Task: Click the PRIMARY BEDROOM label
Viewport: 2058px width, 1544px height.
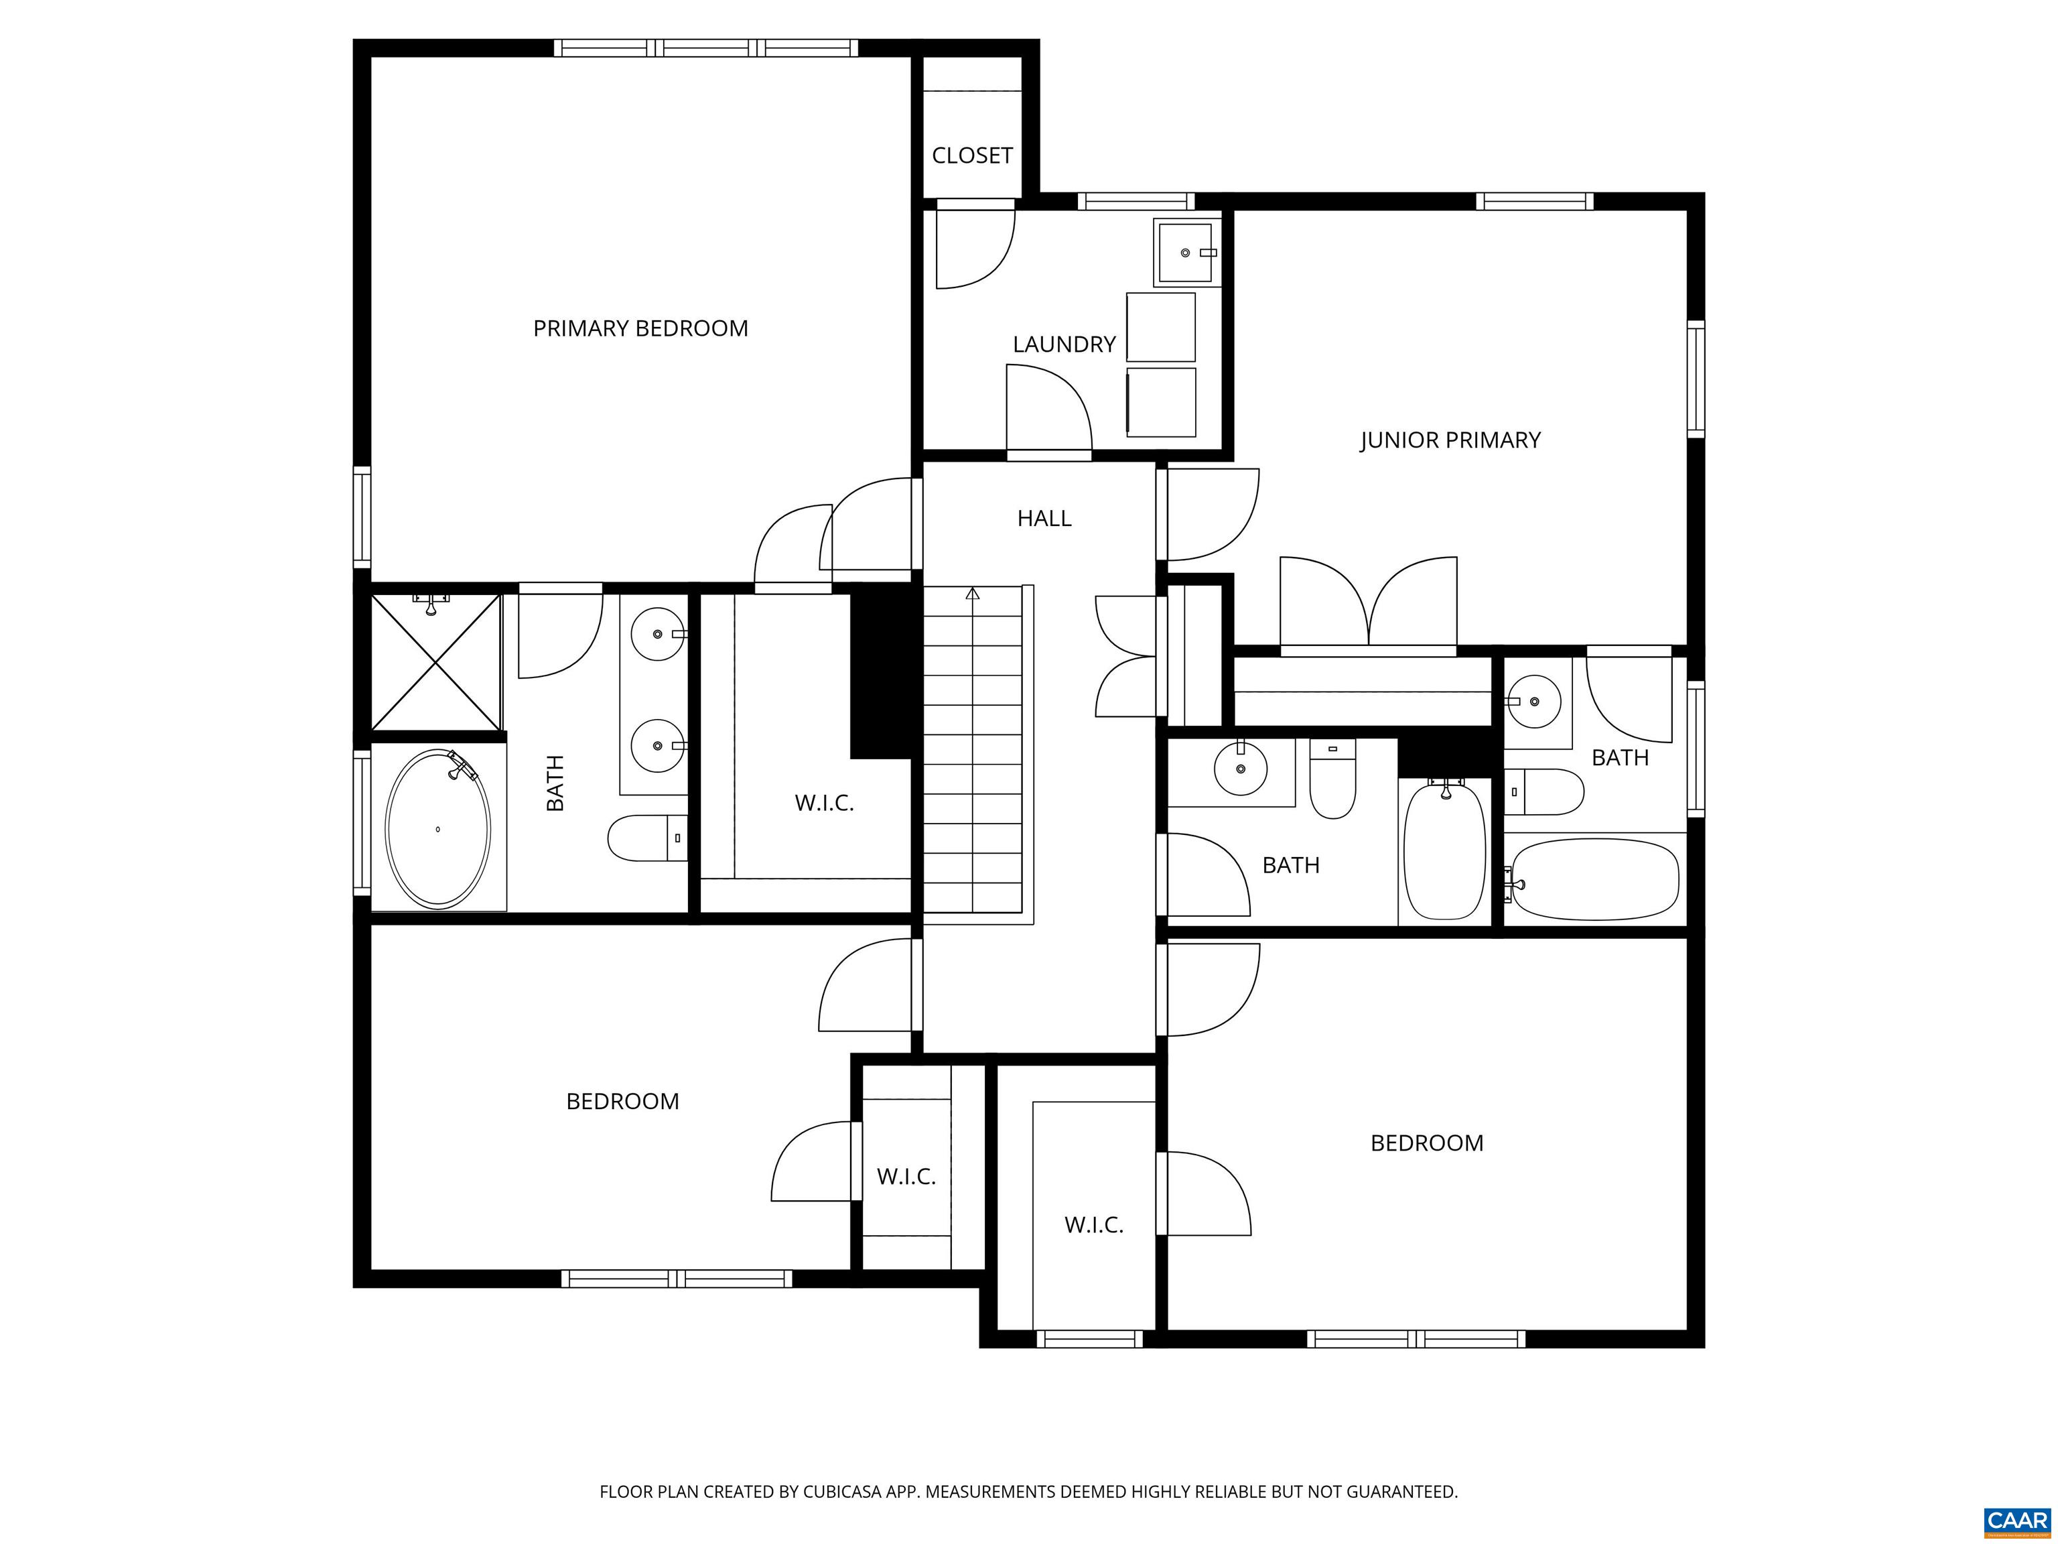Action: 640,328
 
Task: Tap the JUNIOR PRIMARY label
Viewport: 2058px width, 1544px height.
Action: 1450,440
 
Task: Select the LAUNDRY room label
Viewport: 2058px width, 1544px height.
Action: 1063,344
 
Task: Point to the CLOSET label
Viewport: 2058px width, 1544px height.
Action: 971,155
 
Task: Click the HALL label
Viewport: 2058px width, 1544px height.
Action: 1044,519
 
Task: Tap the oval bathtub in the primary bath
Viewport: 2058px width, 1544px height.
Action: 437,828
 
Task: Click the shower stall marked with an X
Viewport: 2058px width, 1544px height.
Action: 435,663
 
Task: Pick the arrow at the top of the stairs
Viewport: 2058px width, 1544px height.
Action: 972,593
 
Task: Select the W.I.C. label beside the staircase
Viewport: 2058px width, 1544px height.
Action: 823,802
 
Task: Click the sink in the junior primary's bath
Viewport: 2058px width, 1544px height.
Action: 1533,702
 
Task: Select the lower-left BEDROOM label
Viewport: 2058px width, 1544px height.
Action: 622,1101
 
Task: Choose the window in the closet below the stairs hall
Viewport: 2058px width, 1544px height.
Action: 1089,1338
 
